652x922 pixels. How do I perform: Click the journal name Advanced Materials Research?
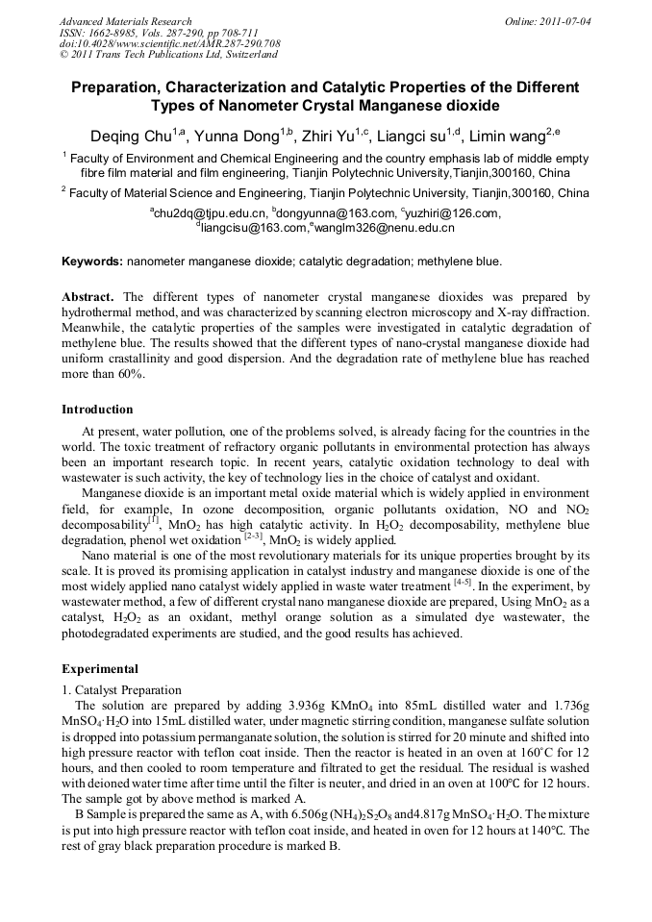point(126,21)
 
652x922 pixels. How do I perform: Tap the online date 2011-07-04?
point(565,21)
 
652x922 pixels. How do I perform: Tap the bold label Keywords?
point(92,262)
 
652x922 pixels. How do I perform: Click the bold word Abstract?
point(88,298)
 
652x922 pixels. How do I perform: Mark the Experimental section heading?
point(100,668)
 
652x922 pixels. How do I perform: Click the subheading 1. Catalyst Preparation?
point(121,689)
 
